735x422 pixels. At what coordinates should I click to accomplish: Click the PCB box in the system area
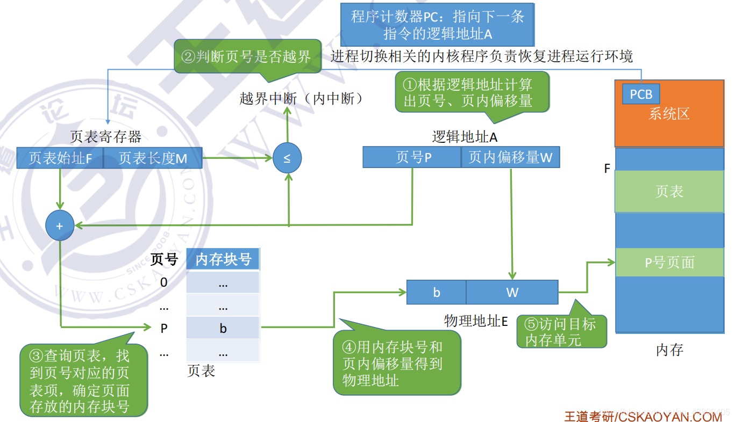(x=641, y=94)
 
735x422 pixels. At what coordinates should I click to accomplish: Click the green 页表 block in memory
(x=669, y=192)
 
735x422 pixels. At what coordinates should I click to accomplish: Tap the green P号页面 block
(x=669, y=263)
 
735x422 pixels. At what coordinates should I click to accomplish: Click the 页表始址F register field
(x=60, y=158)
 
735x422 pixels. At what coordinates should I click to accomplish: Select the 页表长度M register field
(x=153, y=158)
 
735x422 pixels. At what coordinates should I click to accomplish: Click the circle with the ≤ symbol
(x=287, y=158)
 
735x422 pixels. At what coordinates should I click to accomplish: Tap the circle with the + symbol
(x=60, y=226)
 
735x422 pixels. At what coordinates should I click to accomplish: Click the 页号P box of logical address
(x=412, y=157)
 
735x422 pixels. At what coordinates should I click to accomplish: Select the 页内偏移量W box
(x=510, y=157)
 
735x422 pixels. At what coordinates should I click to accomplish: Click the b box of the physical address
(x=436, y=292)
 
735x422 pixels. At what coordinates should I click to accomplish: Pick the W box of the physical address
(x=512, y=292)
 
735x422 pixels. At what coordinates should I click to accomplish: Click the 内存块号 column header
(x=223, y=260)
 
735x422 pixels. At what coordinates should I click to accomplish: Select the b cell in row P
(x=223, y=328)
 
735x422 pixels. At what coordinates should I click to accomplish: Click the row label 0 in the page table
(x=164, y=282)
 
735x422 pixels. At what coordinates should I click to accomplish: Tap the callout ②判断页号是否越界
(x=247, y=56)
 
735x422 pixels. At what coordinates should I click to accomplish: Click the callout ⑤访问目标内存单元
(x=561, y=331)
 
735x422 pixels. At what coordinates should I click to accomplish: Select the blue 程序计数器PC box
(x=437, y=25)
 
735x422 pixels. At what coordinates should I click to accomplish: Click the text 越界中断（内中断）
(x=301, y=99)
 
